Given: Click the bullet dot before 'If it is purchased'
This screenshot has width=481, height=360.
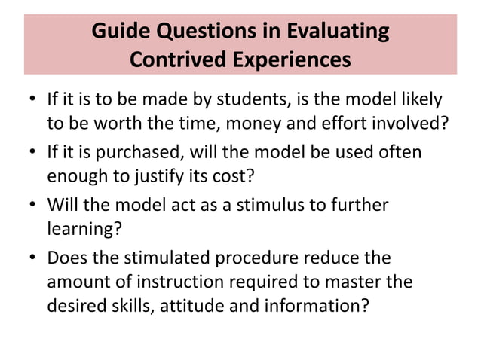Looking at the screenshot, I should coord(34,154).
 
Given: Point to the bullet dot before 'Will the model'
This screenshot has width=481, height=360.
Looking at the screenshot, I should coord(34,206).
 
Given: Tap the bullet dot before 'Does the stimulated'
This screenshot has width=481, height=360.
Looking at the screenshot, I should coord(34,259).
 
